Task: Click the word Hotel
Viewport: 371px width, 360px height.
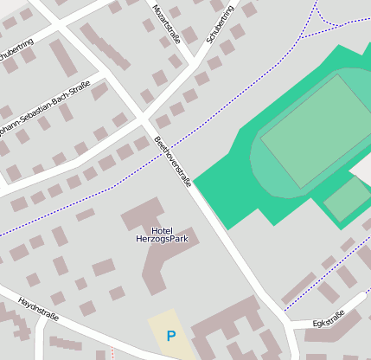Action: click(x=162, y=230)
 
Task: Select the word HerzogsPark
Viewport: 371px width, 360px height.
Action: click(x=162, y=239)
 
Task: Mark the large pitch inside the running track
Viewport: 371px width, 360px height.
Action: click(x=316, y=131)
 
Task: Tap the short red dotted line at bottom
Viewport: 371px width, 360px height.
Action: click(x=112, y=354)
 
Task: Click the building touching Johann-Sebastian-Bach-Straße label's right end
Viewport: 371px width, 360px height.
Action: click(x=99, y=90)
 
